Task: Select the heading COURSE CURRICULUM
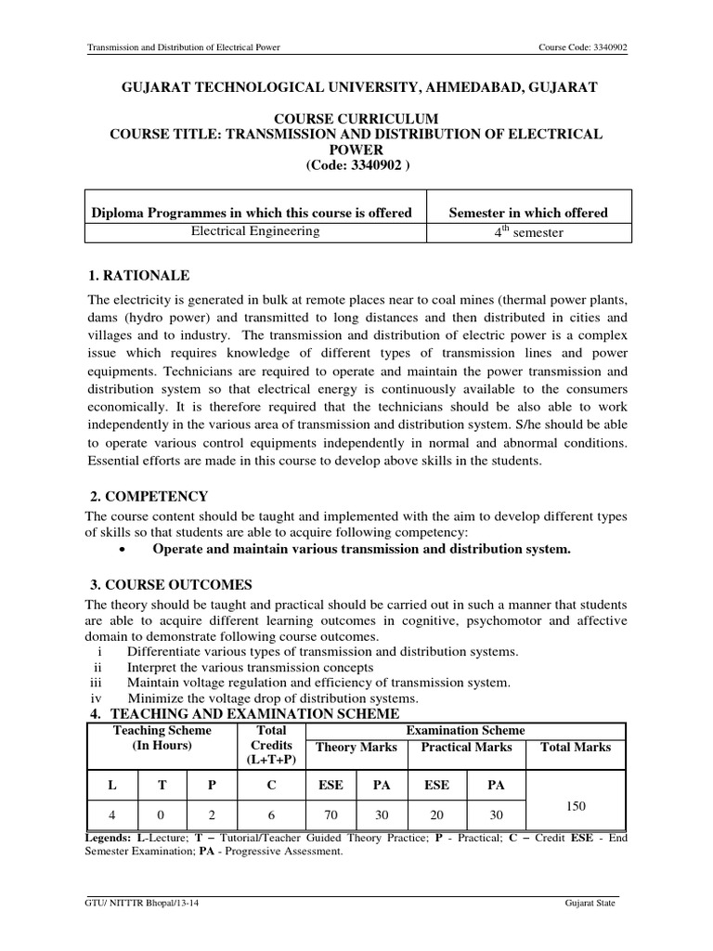(x=357, y=119)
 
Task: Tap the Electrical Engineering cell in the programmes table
(x=254, y=232)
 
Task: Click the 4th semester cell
(x=527, y=233)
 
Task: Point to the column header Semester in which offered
(x=527, y=213)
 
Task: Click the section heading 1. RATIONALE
(x=138, y=276)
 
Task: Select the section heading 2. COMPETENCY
(x=147, y=496)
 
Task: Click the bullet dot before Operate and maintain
(x=123, y=550)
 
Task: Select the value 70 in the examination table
(x=331, y=816)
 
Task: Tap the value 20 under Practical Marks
(x=436, y=816)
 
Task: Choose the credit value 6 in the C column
(x=270, y=816)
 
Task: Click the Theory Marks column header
(x=356, y=748)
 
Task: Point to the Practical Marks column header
(x=466, y=748)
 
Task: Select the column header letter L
(x=111, y=785)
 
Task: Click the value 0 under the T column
(x=162, y=816)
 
